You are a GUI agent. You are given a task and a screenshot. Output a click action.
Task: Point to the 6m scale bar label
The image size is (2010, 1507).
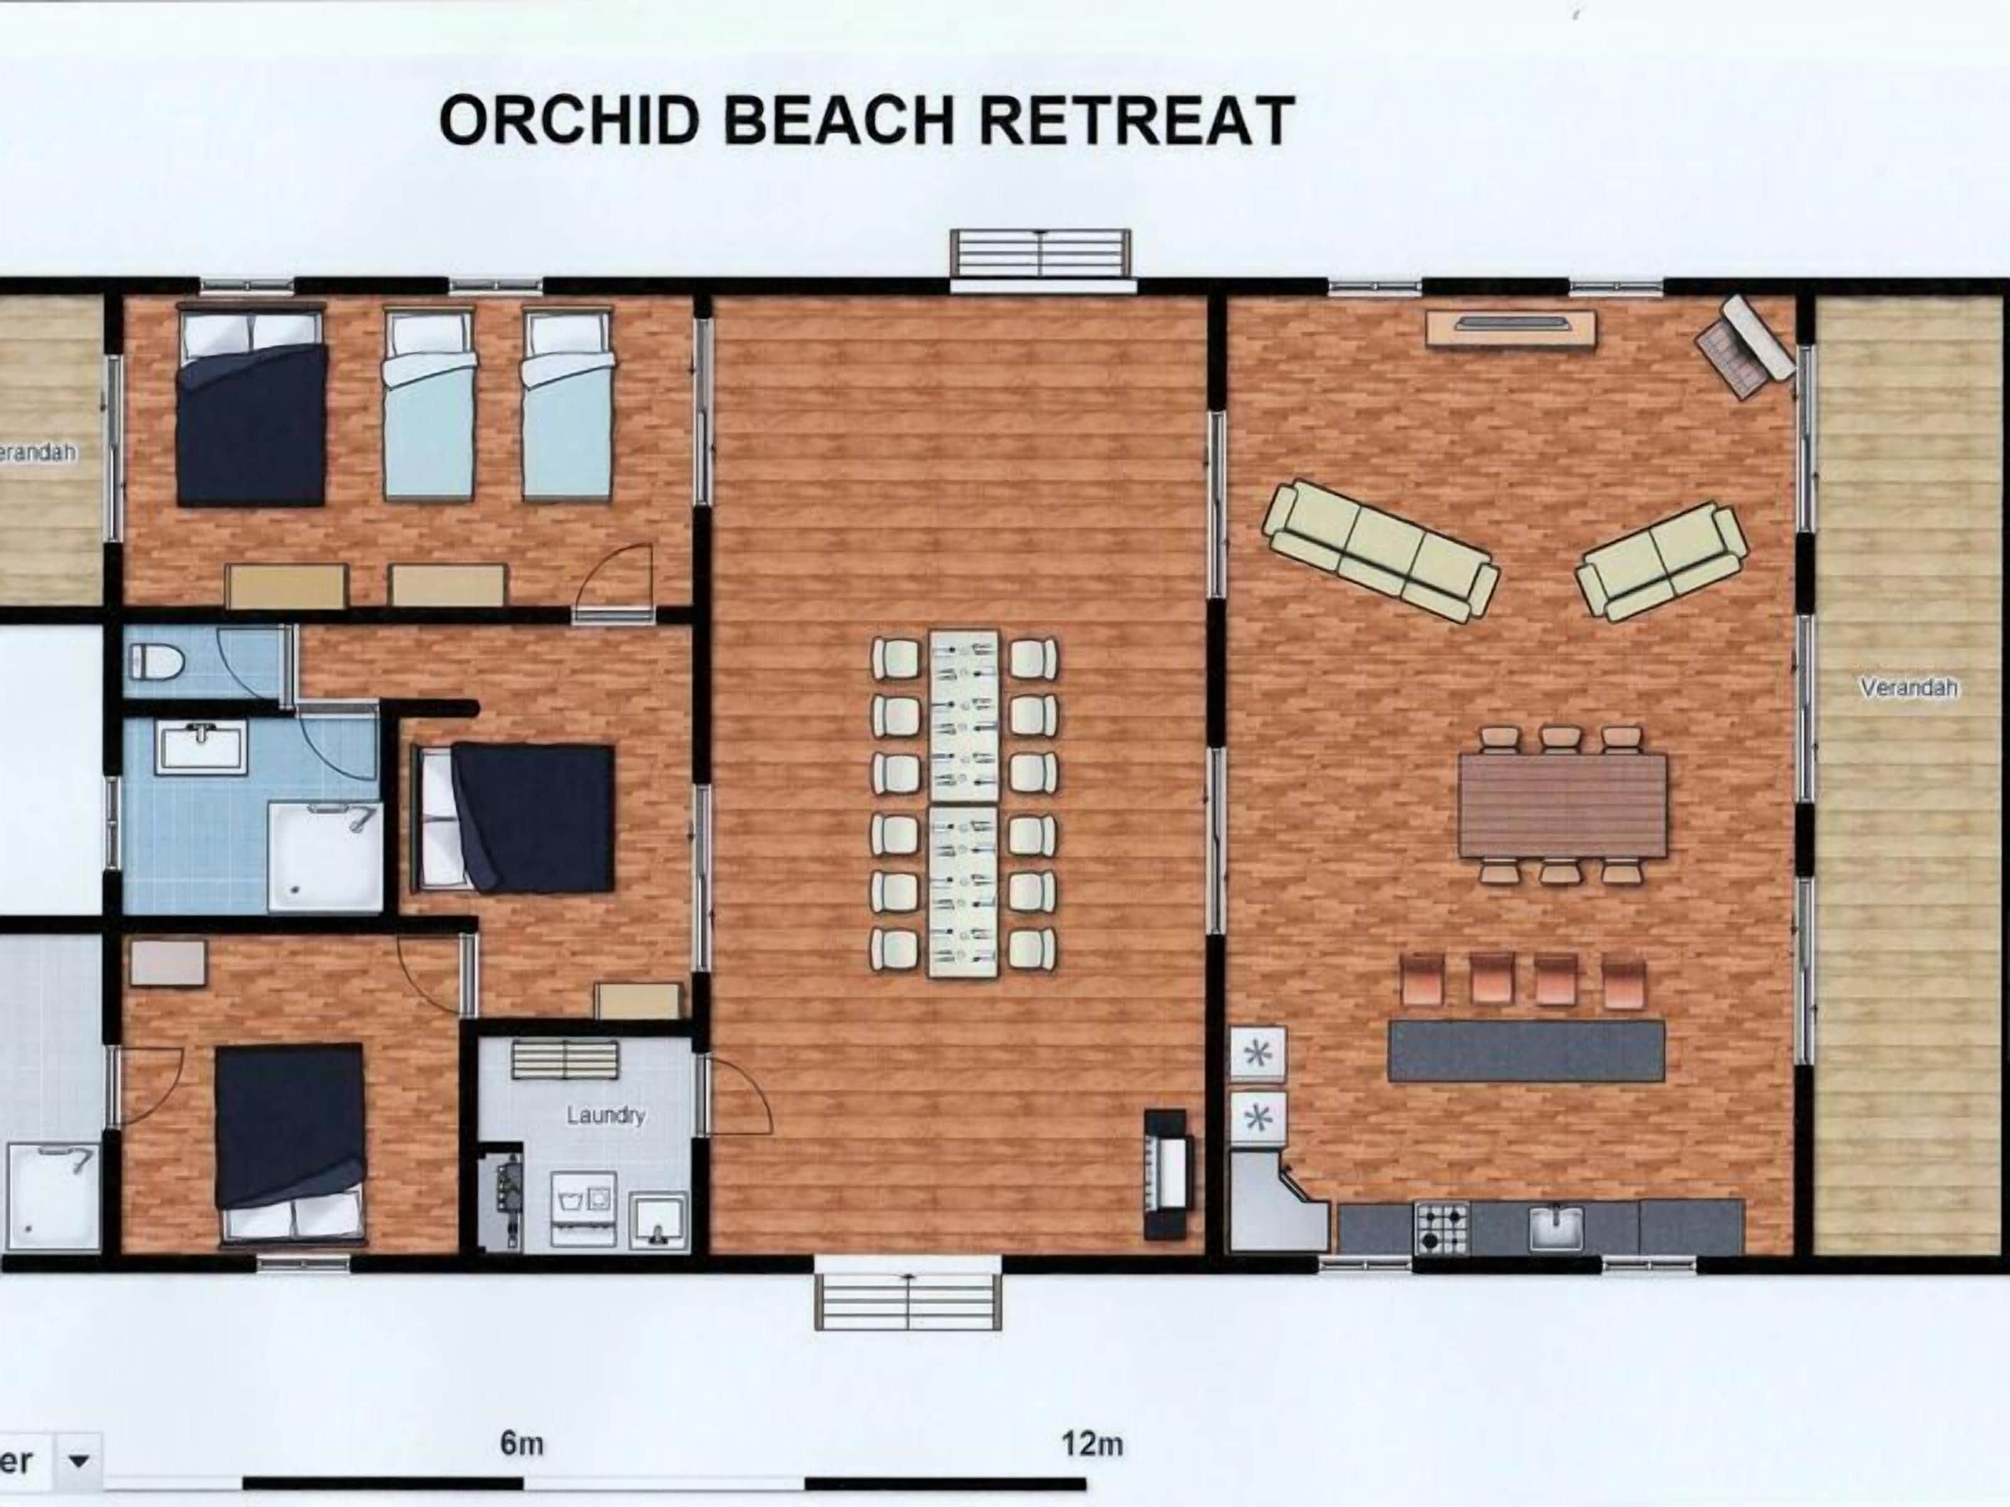pyautogui.click(x=521, y=1444)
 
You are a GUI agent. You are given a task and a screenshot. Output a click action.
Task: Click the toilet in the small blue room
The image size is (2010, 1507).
pyautogui.click(x=156, y=661)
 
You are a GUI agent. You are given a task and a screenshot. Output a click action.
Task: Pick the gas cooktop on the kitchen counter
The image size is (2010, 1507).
pyautogui.click(x=1442, y=1226)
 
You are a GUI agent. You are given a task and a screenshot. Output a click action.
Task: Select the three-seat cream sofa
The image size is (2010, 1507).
pyautogui.click(x=1380, y=551)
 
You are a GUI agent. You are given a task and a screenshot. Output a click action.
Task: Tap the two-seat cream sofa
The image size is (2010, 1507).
pyautogui.click(x=1661, y=561)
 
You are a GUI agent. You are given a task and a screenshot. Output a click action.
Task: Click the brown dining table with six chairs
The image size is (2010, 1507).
pyautogui.click(x=1562, y=806)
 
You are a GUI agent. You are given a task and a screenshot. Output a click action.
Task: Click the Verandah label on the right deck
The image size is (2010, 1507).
pyautogui.click(x=1908, y=688)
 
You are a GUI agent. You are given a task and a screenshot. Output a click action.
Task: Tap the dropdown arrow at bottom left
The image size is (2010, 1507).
pyautogui.click(x=79, y=1461)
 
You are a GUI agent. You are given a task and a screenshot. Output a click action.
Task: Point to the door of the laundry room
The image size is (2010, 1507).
pyautogui.click(x=736, y=1094)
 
